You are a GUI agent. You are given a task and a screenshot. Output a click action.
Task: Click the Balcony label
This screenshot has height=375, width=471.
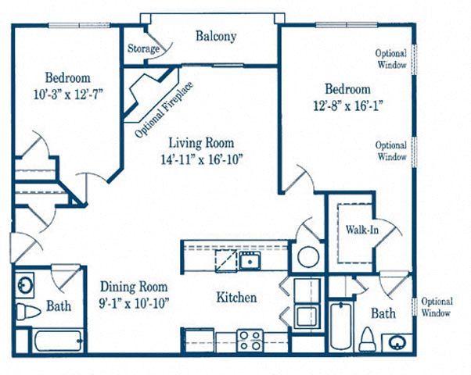216,36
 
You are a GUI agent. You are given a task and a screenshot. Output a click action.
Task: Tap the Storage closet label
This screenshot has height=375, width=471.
143,48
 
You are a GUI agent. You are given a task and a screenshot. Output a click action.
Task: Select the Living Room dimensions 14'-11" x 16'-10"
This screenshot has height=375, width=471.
202,159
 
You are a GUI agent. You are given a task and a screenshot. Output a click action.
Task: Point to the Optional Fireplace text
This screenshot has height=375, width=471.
164,110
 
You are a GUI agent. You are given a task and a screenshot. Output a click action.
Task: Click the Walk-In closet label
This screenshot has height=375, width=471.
361,230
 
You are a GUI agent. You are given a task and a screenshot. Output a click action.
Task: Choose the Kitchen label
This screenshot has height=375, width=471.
236,298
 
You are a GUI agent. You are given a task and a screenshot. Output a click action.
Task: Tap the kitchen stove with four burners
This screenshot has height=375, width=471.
250,341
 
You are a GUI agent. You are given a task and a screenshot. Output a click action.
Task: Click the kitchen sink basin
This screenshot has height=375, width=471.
250,261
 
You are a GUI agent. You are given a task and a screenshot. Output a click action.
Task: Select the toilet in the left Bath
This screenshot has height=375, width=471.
28,312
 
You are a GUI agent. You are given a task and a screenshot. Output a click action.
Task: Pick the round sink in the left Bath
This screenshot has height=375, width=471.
24,284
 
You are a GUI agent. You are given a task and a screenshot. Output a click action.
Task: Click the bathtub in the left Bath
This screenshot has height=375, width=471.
58,341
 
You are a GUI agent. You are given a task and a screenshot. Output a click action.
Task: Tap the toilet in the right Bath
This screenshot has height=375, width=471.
367,339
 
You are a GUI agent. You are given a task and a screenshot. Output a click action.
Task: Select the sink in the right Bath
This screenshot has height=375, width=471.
397,342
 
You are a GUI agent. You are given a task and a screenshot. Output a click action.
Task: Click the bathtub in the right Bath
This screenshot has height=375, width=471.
341,327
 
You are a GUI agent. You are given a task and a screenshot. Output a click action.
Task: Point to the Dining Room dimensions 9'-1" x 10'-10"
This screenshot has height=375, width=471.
134,304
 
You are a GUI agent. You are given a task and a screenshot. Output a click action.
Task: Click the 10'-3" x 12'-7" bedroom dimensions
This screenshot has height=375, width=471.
68,95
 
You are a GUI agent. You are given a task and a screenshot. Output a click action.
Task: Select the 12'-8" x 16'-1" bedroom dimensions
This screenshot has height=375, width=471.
348,106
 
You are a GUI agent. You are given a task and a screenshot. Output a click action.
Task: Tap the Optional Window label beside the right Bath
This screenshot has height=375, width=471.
437,307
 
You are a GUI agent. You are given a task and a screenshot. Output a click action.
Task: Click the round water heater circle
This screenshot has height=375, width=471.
308,257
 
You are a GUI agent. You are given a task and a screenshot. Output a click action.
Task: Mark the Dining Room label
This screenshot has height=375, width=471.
134,287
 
